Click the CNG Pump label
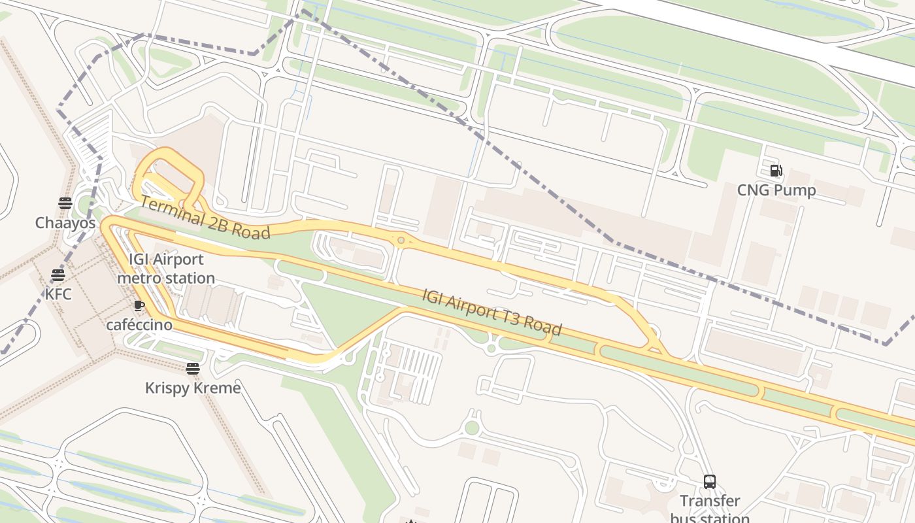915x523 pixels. (x=776, y=190)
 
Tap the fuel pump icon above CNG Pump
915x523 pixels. (x=776, y=171)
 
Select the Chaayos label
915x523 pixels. (x=65, y=223)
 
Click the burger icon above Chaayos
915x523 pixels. (x=65, y=203)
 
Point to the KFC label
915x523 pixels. (x=58, y=294)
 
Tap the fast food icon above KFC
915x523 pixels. (x=58, y=275)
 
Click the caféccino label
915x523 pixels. (x=139, y=325)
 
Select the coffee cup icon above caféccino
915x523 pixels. (x=139, y=305)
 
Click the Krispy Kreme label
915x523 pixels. (x=193, y=388)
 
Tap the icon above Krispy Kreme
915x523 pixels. (x=192, y=369)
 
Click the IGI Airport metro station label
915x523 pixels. (x=166, y=269)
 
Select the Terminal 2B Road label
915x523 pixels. (x=205, y=218)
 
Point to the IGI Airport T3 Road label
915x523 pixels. (x=491, y=312)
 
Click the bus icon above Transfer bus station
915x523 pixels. (x=710, y=482)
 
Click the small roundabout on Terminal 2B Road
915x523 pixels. (x=401, y=241)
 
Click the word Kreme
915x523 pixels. (x=218, y=388)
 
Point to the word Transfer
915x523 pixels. (x=710, y=501)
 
